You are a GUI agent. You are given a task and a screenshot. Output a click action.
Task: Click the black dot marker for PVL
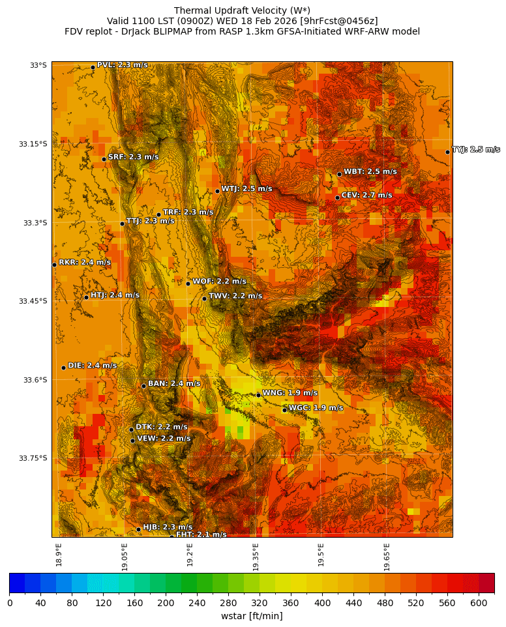click(x=93, y=67)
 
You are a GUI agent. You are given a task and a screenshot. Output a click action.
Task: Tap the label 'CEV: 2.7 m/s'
click(x=366, y=195)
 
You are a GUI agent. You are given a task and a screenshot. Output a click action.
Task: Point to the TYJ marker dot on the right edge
click(x=447, y=152)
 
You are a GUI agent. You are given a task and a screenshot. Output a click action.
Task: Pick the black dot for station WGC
click(x=284, y=410)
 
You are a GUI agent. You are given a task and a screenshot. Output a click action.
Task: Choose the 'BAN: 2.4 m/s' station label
click(x=174, y=383)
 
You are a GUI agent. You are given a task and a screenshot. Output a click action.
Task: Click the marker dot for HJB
click(x=138, y=529)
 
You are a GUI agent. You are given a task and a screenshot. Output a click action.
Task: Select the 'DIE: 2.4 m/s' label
click(x=93, y=365)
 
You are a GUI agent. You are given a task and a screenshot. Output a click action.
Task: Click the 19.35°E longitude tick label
click(x=256, y=557)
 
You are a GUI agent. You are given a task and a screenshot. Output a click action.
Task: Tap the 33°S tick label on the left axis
click(x=38, y=65)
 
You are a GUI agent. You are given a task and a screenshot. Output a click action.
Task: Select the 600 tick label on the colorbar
click(x=479, y=603)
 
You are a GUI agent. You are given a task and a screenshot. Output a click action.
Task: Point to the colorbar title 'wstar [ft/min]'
click(x=252, y=616)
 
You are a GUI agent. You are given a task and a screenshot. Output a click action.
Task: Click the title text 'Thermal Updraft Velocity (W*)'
click(x=242, y=10)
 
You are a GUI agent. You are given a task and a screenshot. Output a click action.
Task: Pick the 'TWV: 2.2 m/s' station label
click(x=235, y=296)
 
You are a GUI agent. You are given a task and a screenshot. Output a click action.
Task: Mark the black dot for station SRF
click(x=104, y=159)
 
